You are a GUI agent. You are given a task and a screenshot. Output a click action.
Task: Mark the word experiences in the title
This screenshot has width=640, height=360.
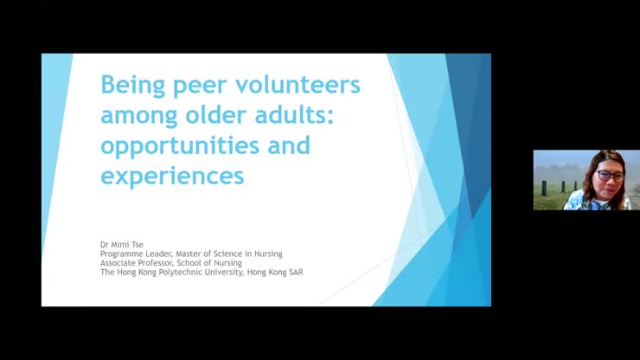[x=172, y=176]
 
